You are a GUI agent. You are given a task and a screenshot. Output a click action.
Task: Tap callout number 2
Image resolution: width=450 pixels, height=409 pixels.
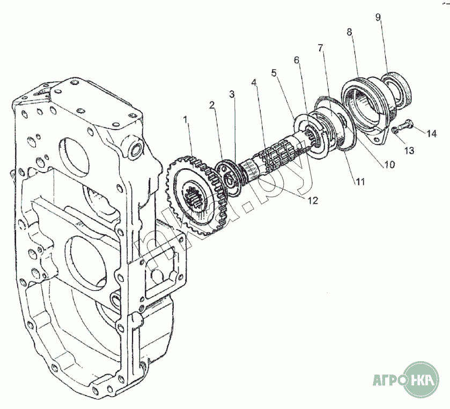tap(212, 104)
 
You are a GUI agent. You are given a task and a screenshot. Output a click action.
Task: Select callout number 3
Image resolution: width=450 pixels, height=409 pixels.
tap(232, 95)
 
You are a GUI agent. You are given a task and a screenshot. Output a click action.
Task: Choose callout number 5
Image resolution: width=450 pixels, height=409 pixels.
tap(275, 73)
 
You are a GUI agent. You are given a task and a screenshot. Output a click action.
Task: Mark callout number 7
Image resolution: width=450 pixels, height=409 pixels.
tap(320, 48)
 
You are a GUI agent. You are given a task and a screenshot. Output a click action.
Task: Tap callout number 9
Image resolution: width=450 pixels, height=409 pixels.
tap(378, 17)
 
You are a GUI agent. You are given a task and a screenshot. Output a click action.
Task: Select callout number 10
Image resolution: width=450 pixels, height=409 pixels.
tap(388, 165)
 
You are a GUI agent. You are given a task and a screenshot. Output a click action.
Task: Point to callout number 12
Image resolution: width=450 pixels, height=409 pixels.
tap(312, 200)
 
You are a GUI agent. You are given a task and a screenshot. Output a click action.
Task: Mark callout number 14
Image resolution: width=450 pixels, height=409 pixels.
tap(432, 132)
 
